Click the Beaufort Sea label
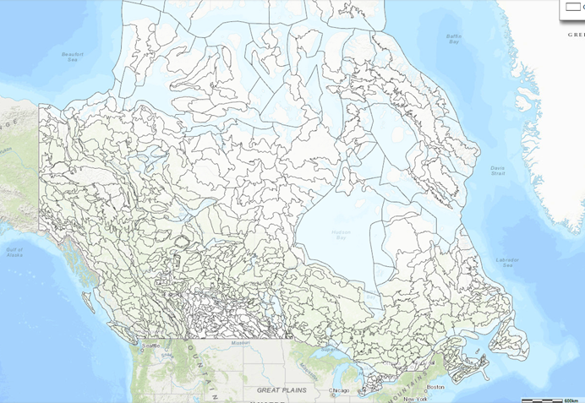[74, 57]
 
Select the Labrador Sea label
[507, 264]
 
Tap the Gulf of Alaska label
[14, 252]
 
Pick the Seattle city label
[151, 346]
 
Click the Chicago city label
[339, 390]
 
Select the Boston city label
[435, 387]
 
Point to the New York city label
[414, 398]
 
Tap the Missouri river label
[241, 344]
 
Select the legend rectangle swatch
[571, 7]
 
